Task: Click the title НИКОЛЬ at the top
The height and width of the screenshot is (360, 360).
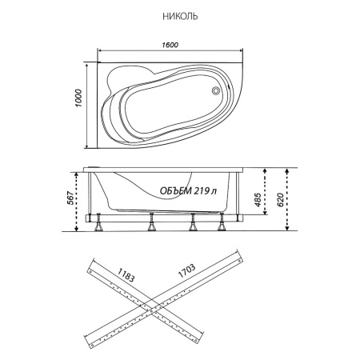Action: [x=180, y=17]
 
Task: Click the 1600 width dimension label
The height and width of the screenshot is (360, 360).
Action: [x=170, y=45]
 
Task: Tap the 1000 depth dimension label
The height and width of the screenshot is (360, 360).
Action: [x=78, y=98]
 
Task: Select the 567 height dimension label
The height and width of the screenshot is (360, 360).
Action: [x=70, y=198]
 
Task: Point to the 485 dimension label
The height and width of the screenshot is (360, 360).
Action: [x=258, y=199]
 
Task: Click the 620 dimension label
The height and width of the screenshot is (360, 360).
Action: [x=280, y=199]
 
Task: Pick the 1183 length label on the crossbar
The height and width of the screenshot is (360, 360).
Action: [x=126, y=274]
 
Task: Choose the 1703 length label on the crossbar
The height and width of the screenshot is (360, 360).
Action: [x=186, y=270]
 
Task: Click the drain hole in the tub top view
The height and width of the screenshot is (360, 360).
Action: [x=215, y=90]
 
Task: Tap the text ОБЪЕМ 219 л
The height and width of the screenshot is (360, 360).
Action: [x=188, y=191]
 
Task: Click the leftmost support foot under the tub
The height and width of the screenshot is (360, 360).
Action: [x=99, y=222]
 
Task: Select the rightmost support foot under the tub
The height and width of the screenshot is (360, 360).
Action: [x=222, y=222]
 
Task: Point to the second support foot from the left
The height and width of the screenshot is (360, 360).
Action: [x=152, y=222]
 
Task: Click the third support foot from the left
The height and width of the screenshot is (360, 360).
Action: [x=193, y=222]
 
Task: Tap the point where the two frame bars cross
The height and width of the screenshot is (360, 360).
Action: [x=152, y=310]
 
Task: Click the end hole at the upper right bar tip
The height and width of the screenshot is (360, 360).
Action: [x=239, y=261]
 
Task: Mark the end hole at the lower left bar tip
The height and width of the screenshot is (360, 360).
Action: [x=92, y=346]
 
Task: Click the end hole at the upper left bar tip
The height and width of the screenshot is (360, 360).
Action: [x=91, y=271]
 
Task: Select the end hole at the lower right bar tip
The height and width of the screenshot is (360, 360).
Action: [x=196, y=340]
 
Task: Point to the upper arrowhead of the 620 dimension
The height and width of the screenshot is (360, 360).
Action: [x=287, y=170]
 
